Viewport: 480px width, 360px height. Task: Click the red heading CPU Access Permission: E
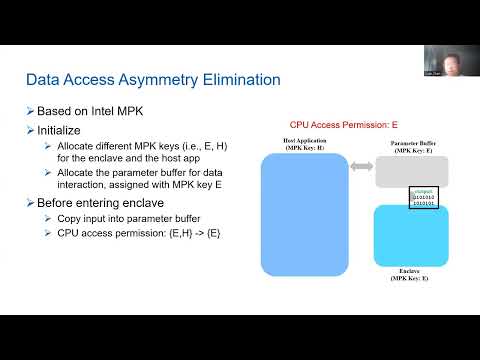[x=343, y=124]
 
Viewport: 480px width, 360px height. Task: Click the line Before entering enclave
[x=103, y=203]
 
